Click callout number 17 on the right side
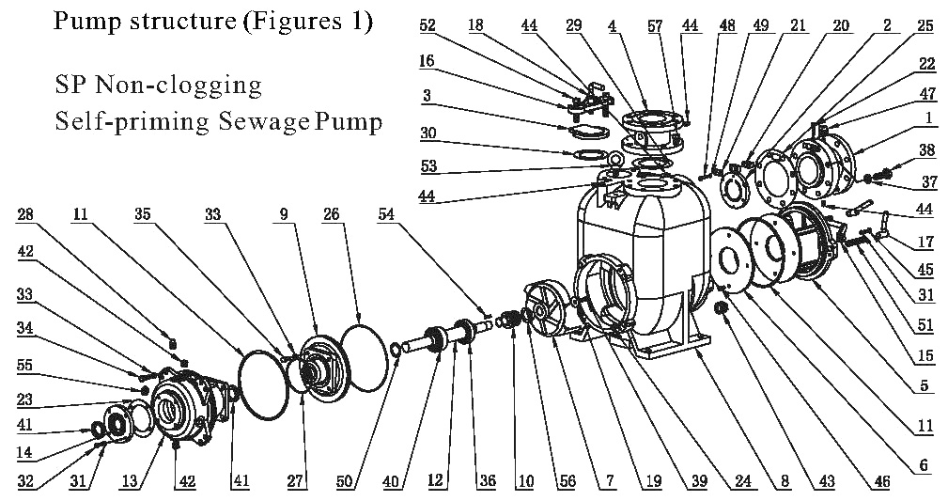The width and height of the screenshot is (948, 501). click(x=925, y=243)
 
